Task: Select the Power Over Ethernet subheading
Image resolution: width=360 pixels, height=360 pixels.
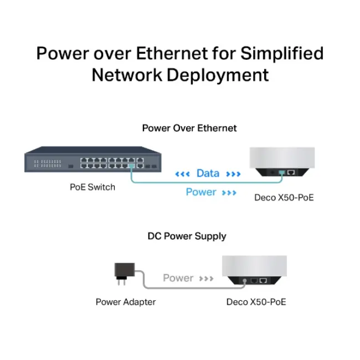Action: point(189,128)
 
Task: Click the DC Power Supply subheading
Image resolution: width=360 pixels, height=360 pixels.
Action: point(187,236)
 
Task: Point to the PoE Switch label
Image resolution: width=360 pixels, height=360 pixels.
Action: point(92,187)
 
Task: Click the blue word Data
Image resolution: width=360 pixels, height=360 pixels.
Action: point(208,173)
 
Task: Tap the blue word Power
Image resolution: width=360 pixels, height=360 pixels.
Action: point(200,192)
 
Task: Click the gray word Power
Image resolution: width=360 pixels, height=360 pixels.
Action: point(178,278)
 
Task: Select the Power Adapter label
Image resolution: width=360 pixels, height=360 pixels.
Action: point(125,302)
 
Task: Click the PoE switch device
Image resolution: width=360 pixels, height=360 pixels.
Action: point(92,160)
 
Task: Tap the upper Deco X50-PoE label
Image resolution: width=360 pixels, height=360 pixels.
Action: point(284,197)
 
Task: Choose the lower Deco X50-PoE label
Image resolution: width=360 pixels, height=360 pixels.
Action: point(256,302)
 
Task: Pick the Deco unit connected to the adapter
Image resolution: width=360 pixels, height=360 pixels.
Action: point(254,270)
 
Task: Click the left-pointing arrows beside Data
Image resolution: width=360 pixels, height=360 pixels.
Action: point(182,174)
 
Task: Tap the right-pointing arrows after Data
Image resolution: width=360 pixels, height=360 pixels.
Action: point(233,174)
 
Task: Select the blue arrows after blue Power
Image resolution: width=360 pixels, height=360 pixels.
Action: point(229,193)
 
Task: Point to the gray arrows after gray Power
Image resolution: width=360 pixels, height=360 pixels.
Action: point(206,279)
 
